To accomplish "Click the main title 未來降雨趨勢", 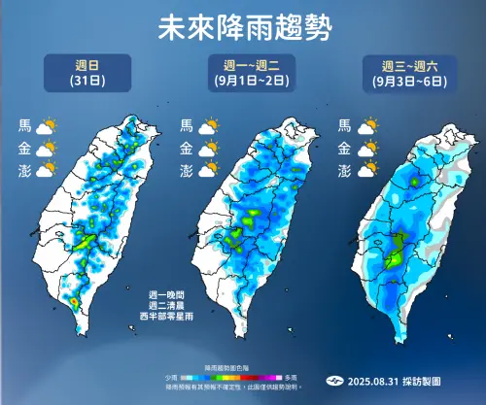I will [242, 24].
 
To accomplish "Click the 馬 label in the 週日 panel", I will [24, 126].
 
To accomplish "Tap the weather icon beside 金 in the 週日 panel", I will [47, 149].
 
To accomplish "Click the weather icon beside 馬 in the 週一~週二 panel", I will [207, 126].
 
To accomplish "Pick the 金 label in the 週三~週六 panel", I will [343, 149].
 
